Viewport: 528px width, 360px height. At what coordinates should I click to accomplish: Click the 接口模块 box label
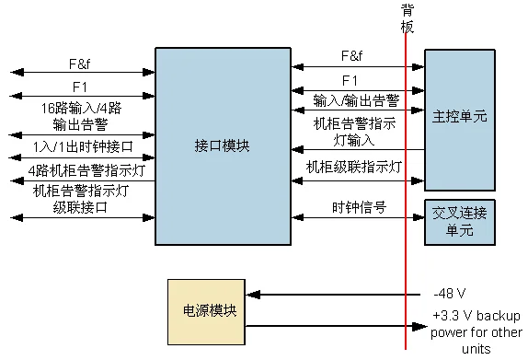tap(222, 146)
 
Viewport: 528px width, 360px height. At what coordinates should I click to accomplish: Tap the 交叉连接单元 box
tap(459, 221)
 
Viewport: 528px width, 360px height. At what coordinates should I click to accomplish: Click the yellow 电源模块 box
tap(206, 311)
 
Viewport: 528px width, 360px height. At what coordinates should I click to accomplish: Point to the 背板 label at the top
tap(407, 17)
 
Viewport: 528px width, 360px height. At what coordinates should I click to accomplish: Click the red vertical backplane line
tap(406, 267)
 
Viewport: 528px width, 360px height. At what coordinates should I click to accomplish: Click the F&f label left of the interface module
tap(79, 64)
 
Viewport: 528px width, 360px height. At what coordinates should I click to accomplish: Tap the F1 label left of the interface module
tap(79, 87)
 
